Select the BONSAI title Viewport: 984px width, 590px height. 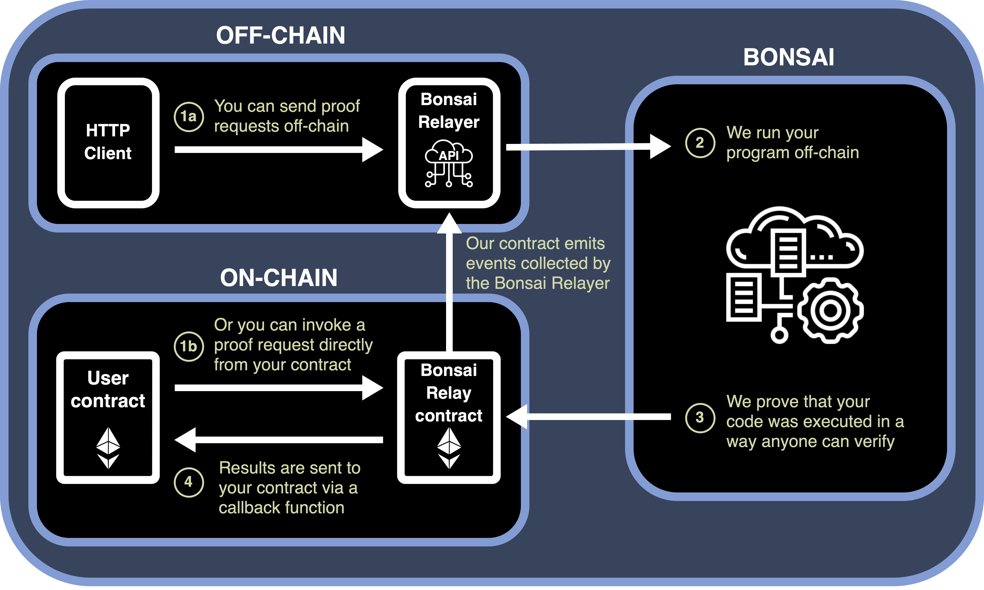[789, 57]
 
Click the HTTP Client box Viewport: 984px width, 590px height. [108, 142]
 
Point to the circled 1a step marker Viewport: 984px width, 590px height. [189, 116]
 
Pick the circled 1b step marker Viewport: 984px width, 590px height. [189, 346]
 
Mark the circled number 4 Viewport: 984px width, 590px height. [189, 482]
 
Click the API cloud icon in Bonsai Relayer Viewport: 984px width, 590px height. [449, 163]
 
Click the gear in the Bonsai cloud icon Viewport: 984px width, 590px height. [830, 310]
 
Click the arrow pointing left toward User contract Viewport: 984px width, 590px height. [278, 440]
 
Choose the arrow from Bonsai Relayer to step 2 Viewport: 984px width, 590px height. [588, 147]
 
